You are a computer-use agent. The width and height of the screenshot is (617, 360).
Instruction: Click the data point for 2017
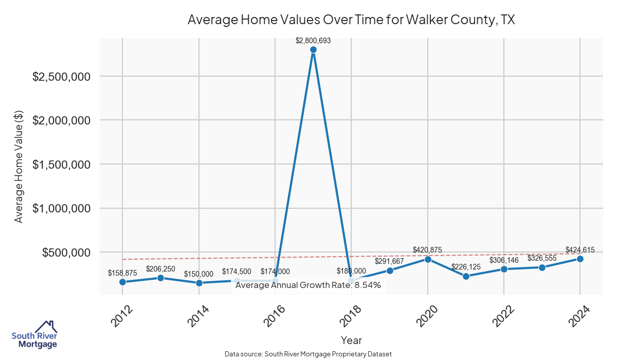pos(313,49)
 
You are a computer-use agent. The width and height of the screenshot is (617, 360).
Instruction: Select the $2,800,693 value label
pos(313,41)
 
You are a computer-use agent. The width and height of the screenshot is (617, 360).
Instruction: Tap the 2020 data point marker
pos(428,259)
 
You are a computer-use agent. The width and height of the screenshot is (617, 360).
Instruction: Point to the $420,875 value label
pos(427,250)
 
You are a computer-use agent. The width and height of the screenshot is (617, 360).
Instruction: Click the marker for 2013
pos(160,278)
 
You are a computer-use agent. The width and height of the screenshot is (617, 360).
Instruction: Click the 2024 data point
pos(580,259)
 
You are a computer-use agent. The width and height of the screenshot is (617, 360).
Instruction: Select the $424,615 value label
pos(580,250)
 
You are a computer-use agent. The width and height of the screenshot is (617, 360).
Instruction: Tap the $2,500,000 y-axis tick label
pos(62,76)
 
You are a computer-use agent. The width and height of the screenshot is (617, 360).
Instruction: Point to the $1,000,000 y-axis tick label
pos(62,208)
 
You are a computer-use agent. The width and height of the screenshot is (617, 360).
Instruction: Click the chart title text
pos(351,20)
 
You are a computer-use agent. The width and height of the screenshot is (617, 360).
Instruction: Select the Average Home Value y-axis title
pos(19,167)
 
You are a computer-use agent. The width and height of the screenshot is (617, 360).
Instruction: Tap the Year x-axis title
pos(351,340)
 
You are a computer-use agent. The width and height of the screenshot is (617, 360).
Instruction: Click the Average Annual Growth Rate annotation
pos(308,285)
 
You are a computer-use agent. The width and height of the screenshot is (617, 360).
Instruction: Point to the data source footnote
pos(308,354)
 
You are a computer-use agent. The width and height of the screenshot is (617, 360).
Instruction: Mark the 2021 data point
pos(466,276)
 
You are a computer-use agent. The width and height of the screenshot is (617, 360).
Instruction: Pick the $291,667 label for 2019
pos(389,261)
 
